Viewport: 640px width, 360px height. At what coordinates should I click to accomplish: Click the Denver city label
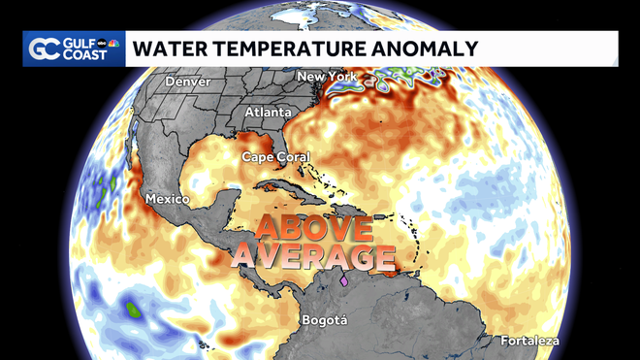click(x=187, y=82)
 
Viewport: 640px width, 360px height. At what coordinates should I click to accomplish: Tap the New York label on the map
click(x=326, y=77)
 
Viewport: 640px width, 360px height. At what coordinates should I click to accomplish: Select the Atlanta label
click(x=267, y=113)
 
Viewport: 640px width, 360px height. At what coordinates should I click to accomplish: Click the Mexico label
click(x=166, y=199)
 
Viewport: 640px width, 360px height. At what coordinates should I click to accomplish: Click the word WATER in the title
click(x=166, y=48)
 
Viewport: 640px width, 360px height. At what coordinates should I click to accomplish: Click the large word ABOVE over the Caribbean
click(x=314, y=229)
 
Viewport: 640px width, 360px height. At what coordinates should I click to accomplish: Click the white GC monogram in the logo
click(x=45, y=49)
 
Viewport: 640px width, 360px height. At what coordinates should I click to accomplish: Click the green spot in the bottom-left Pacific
click(x=132, y=311)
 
